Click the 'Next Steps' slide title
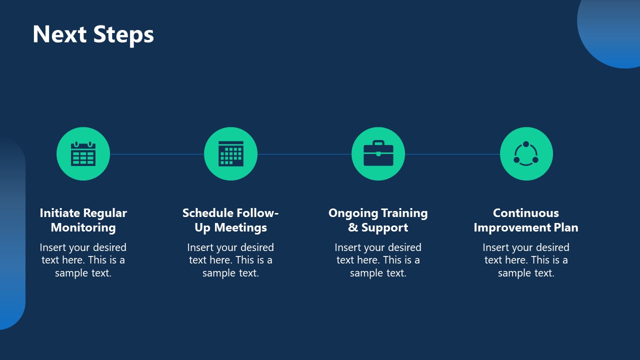coord(93,34)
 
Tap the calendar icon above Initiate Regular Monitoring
coord(83,153)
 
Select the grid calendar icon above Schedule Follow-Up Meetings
coord(230,153)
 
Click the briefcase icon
coord(378,153)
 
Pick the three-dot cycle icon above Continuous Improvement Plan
coord(526,153)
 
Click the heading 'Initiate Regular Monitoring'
coord(83,220)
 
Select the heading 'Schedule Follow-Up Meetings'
coord(230,220)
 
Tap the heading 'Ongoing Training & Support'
coord(378,220)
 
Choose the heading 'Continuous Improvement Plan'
coord(526,220)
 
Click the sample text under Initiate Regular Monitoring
coord(83,260)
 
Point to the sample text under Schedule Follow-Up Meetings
coord(230,260)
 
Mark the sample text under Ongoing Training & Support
coord(378,260)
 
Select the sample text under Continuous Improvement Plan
coord(526,260)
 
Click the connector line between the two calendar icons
coord(156,154)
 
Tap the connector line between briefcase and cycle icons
coord(452,154)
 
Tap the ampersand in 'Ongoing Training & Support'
coord(353,227)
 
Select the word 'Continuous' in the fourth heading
coord(526,213)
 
